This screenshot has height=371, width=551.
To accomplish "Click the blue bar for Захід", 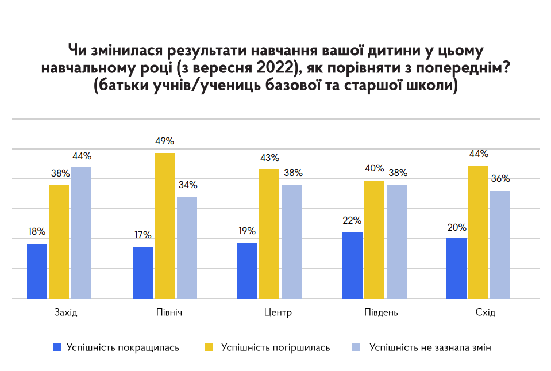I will click(x=37, y=271).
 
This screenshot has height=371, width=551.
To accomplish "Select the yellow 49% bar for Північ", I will click(x=165, y=225).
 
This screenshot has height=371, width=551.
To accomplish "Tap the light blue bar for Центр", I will click(x=292, y=242).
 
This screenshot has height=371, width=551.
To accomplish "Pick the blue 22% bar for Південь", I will click(x=352, y=265).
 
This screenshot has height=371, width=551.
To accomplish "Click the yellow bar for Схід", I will click(x=478, y=232).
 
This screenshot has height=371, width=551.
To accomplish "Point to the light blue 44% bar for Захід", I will click(x=80, y=233).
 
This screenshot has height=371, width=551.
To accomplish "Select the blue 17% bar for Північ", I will click(x=143, y=273).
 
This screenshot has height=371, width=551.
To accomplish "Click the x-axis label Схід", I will click(x=479, y=313).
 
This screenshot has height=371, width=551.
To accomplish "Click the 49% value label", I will click(x=165, y=141).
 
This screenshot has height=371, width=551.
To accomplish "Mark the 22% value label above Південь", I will click(x=352, y=220).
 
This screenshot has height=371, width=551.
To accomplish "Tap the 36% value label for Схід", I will click(x=500, y=179).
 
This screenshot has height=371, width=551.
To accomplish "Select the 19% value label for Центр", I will click(x=248, y=231).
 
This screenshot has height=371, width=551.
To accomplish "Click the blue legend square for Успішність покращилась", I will click(x=57, y=347).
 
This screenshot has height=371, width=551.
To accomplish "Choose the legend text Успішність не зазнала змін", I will click(x=430, y=347).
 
